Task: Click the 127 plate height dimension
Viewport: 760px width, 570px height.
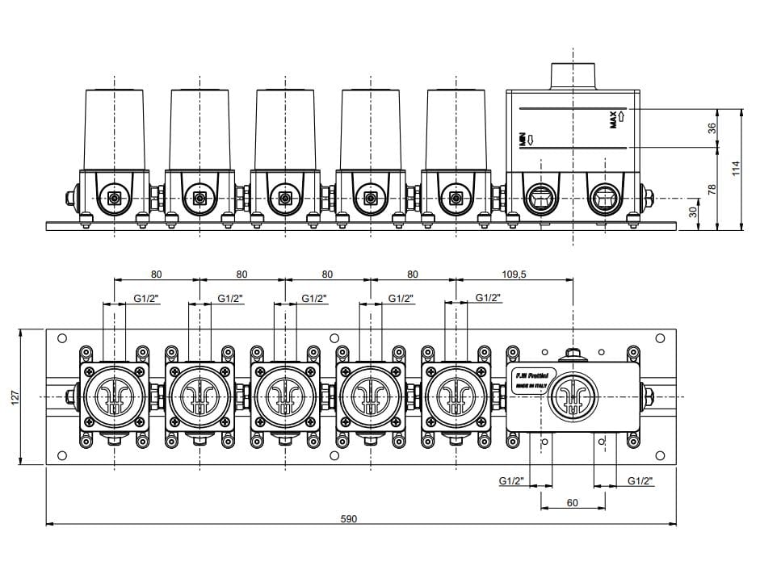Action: (14, 396)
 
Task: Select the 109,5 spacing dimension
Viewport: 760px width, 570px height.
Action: (514, 275)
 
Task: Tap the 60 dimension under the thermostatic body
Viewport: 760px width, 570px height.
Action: (572, 503)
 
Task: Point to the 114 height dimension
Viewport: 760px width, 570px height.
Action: (734, 167)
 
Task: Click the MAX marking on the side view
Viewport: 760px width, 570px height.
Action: (615, 119)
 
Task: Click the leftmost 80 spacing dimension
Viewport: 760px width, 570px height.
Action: (156, 275)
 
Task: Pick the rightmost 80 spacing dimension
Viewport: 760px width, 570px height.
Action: (413, 275)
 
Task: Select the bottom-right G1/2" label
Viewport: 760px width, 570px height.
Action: (640, 481)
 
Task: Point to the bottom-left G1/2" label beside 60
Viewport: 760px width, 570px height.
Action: (511, 481)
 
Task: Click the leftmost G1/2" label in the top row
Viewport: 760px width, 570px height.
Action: (146, 298)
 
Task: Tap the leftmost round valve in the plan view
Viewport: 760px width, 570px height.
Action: (114, 396)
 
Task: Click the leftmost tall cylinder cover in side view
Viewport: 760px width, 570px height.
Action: (114, 128)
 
